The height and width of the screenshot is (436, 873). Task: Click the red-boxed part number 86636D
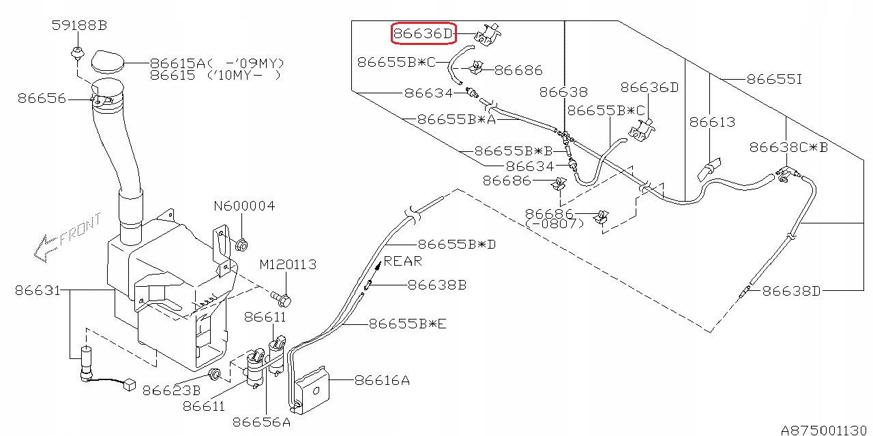[x=422, y=33]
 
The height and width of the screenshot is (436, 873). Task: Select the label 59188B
[x=80, y=26]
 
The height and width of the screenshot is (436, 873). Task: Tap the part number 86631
[x=37, y=290]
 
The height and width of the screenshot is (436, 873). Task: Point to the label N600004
[x=244, y=206]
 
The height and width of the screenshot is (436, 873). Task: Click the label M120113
[x=288, y=264]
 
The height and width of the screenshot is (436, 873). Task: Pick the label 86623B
[x=172, y=391]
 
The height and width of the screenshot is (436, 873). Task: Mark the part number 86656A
[x=262, y=422]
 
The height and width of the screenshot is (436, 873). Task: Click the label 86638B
[x=437, y=285]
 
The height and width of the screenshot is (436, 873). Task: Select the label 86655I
[x=775, y=79]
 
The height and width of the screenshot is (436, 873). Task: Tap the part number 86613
[x=712, y=122]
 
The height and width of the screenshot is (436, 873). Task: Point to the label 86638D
[x=791, y=291]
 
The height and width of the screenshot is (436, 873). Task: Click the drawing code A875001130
[x=825, y=430]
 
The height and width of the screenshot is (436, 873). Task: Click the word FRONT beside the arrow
[x=80, y=230]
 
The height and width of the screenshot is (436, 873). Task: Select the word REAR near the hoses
[x=402, y=260]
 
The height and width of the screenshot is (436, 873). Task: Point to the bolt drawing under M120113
[x=282, y=298]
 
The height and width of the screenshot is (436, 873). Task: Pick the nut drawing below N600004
[x=241, y=243]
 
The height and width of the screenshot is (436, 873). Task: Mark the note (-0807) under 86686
[x=557, y=223]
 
